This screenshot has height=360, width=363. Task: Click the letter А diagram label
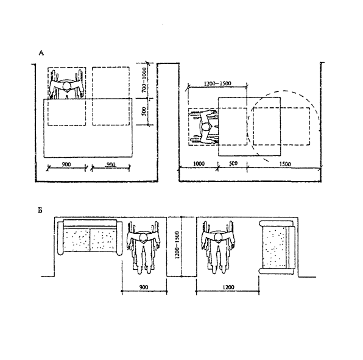click(41, 53)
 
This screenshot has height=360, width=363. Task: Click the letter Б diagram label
click(40, 210)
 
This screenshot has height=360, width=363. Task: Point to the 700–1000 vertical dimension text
click(144, 80)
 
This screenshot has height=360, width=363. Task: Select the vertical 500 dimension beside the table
click(144, 111)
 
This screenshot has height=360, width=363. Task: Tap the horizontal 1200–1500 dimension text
click(217, 83)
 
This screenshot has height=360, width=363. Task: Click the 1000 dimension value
click(199, 164)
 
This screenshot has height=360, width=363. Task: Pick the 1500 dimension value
click(285, 164)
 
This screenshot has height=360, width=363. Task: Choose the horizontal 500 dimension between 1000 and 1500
click(233, 163)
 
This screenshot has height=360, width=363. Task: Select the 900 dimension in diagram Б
click(144, 287)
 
